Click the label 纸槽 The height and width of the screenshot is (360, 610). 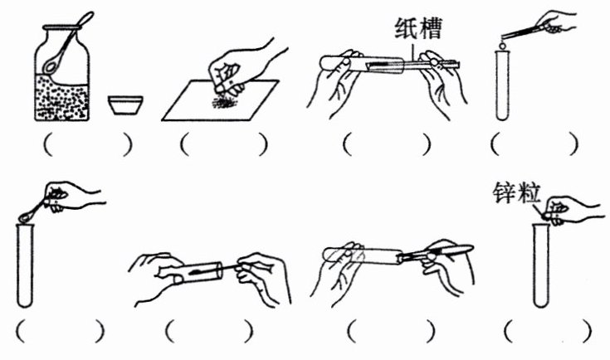click(418, 28)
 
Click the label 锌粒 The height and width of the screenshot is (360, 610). click(517, 193)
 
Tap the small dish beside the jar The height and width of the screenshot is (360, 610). click(125, 105)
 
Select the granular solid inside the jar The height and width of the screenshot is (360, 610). click(62, 98)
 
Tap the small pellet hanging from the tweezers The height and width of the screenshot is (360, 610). click(502, 46)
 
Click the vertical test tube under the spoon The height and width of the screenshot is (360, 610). click(25, 265)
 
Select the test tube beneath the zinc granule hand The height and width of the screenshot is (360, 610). click(541, 265)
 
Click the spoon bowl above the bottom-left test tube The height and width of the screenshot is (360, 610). click(25, 217)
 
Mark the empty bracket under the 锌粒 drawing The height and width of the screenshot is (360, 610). click(548, 331)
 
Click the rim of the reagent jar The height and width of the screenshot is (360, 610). click(62, 27)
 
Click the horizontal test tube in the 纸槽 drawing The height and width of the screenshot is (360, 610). click(362, 64)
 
